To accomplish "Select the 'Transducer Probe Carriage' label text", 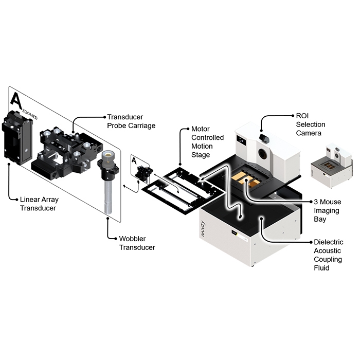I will tap(131, 121).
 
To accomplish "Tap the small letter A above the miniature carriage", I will tap(134, 161).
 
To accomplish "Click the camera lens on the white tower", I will tap(263, 138).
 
